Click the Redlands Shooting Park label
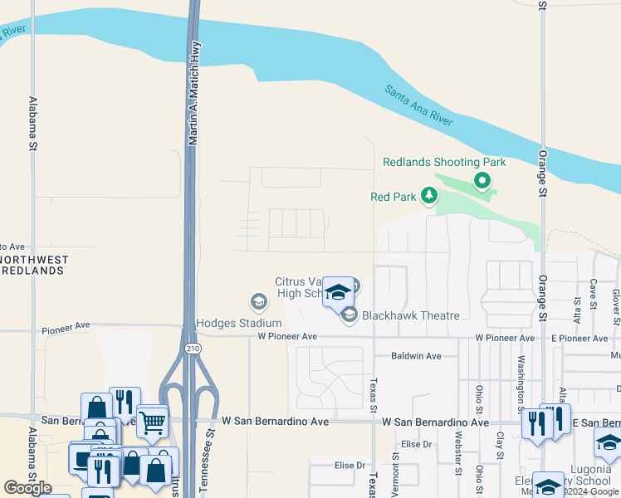(443, 162)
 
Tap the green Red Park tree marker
(429, 196)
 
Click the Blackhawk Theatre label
(411, 315)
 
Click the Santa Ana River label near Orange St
(418, 105)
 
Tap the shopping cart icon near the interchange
(153, 422)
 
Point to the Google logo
(28, 488)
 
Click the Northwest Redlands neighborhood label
(33, 266)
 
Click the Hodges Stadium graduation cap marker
(257, 300)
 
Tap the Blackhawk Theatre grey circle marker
(350, 314)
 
